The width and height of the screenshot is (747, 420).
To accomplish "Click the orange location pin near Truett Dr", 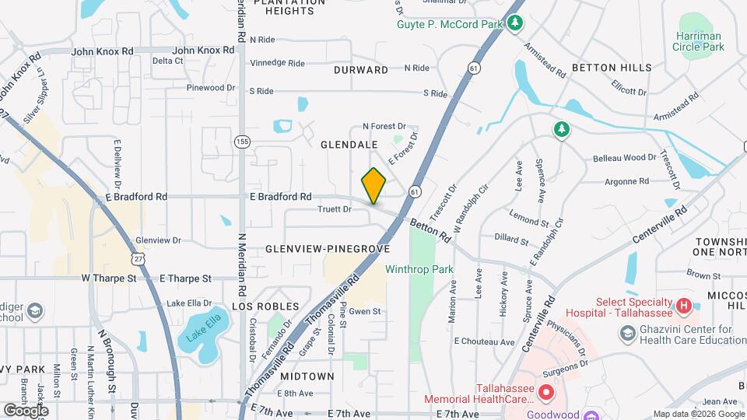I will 374,186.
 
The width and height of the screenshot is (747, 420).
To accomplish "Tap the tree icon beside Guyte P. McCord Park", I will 514,23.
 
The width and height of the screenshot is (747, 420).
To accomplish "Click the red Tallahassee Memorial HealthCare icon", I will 545,394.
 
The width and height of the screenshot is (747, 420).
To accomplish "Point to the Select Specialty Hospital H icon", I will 683,306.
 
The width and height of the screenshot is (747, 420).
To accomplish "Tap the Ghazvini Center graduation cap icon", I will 627,334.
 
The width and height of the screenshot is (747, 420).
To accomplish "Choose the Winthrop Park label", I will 419,270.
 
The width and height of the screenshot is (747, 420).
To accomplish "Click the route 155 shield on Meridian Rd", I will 242,142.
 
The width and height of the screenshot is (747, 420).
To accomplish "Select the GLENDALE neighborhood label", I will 349,145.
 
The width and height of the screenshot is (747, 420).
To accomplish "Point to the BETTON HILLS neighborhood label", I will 612,68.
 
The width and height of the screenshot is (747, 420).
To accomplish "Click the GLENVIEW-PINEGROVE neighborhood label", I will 327,249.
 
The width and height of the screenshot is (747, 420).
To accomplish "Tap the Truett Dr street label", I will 335,209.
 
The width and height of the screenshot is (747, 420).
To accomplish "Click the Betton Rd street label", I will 430,229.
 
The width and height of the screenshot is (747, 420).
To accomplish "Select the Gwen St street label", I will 365,311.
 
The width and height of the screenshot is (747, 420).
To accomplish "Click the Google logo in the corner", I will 26,410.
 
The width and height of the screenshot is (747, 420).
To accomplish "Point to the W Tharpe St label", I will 109,278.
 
